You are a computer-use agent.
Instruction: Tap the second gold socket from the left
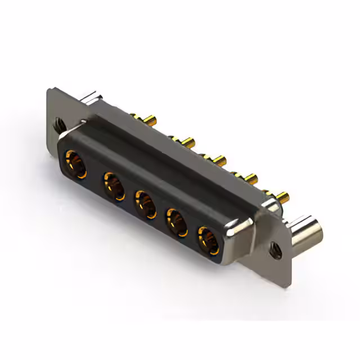pos(114,186)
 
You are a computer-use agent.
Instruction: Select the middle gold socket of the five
pos(145,205)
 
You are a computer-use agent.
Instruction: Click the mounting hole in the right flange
pos(274,246)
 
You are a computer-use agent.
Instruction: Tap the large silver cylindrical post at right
pos(308,231)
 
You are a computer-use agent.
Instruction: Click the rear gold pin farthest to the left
pos(151,120)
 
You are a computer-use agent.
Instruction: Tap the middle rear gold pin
pos(217,160)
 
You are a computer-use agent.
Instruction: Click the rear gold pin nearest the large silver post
pos(282,197)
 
